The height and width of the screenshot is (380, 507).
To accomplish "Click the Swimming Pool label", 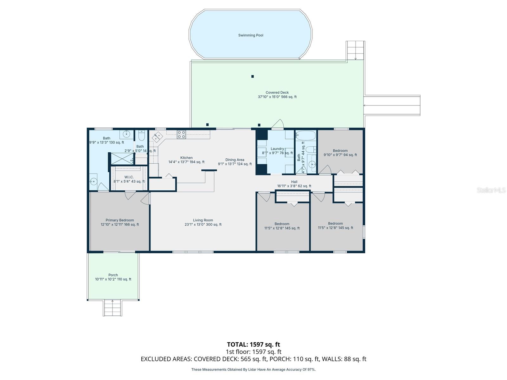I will [251, 35].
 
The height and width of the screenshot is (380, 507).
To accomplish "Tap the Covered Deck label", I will [277, 95].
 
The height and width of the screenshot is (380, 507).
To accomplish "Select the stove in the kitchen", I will [181, 135].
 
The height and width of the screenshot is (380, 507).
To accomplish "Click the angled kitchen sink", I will [157, 137].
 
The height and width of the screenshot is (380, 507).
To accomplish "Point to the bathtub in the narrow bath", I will [305, 136].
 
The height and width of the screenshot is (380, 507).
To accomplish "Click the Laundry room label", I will [277, 151].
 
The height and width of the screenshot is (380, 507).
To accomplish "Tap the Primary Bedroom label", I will [120, 222].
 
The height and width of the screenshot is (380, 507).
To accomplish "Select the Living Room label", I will [203, 222].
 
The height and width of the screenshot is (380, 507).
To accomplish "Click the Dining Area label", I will [235, 162].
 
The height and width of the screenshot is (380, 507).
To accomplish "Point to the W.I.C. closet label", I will [129, 179].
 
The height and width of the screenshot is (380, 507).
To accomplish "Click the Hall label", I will [294, 184].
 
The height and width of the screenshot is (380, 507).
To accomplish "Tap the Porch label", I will [113, 277].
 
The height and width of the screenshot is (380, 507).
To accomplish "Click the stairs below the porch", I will [112, 307].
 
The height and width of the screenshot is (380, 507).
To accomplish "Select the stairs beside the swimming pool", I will [355, 50].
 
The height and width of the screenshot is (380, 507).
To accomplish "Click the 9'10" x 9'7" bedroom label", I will [340, 153].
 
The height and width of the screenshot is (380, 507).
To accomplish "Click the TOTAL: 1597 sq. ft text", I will [253, 344].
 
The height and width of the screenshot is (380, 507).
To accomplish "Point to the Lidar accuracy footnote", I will [253, 369].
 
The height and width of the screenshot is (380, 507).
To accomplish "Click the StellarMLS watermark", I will [491, 190].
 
